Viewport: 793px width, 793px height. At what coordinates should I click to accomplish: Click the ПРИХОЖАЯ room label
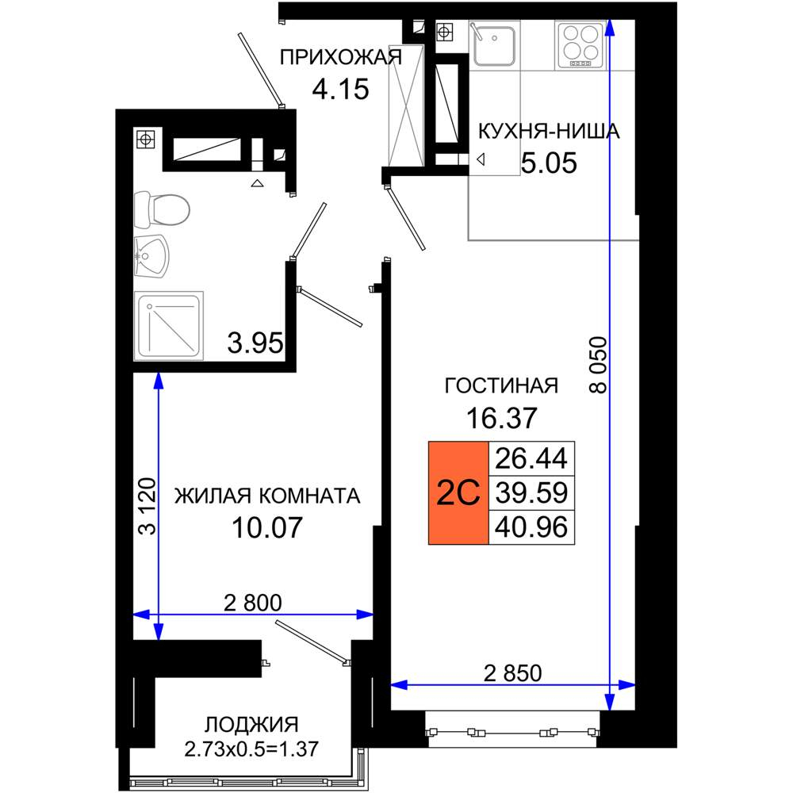[341, 58]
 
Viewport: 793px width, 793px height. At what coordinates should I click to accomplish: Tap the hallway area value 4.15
[340, 90]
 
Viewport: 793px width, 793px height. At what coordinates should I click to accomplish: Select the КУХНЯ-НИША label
[549, 132]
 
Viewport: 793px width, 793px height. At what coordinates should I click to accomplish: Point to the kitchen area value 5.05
[549, 163]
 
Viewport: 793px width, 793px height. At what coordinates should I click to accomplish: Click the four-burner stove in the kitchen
[580, 44]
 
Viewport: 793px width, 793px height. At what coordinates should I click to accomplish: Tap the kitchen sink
[494, 44]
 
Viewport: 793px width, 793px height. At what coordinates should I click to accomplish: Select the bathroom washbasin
[151, 256]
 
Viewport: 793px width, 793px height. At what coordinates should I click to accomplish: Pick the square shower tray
[168, 326]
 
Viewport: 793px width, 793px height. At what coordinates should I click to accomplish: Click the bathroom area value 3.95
[255, 343]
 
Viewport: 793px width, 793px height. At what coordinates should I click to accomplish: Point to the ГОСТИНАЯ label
[501, 386]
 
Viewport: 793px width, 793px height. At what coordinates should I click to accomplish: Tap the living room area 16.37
[501, 418]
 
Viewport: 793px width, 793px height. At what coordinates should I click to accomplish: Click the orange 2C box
[458, 493]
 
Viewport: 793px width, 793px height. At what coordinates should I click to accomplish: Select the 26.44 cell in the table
[531, 458]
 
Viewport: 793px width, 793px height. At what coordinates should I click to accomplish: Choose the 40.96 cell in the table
[531, 527]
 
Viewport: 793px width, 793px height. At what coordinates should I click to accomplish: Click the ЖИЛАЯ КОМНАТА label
[267, 496]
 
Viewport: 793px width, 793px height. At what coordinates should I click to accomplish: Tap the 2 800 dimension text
[253, 603]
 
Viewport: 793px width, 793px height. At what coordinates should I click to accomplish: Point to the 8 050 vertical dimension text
[598, 365]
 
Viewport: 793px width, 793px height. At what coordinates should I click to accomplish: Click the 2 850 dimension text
[512, 673]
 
